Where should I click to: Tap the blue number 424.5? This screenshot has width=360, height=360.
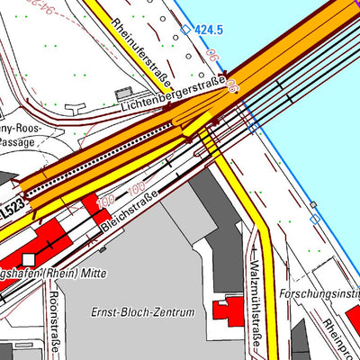(x=209, y=30)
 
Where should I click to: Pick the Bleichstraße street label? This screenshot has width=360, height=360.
(x=130, y=209)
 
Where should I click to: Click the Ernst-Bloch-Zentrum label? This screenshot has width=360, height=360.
(x=143, y=312)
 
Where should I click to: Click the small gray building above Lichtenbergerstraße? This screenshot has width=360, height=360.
(x=123, y=92)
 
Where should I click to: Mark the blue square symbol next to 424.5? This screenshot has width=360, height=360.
(x=186, y=30)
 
